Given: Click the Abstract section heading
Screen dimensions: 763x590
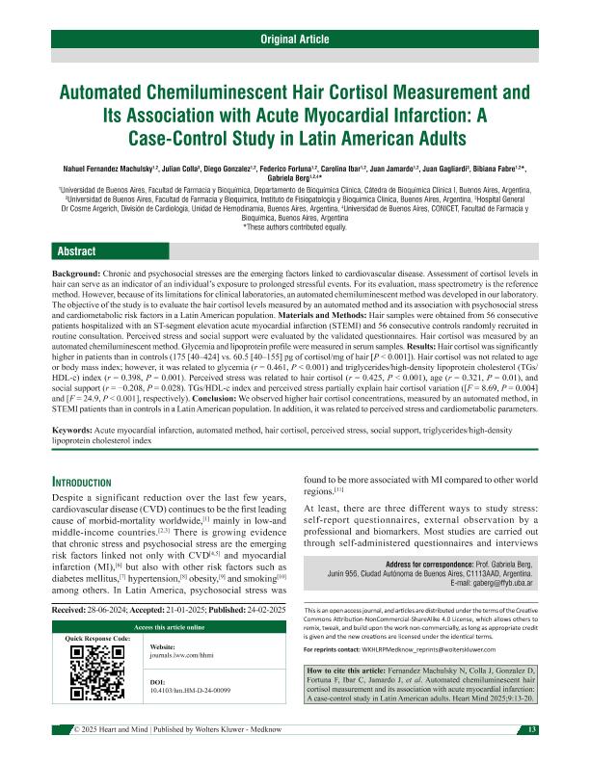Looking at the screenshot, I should (x=76, y=251).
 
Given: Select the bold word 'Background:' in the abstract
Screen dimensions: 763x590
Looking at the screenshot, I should (x=76, y=275).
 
